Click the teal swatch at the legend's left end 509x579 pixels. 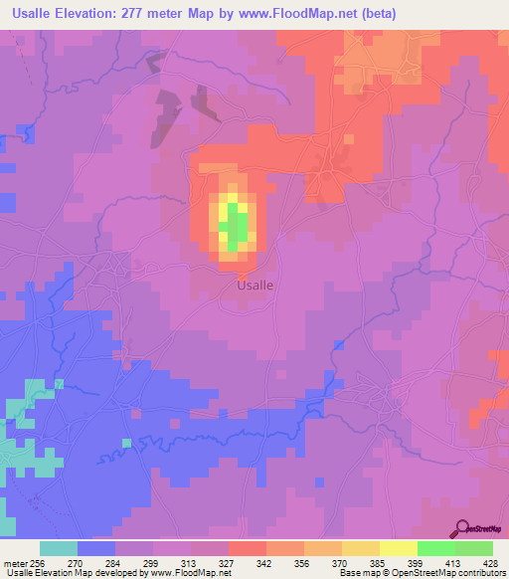coord(58,548)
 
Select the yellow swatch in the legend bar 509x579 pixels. coord(398,548)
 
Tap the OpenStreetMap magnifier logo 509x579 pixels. coord(462,528)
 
